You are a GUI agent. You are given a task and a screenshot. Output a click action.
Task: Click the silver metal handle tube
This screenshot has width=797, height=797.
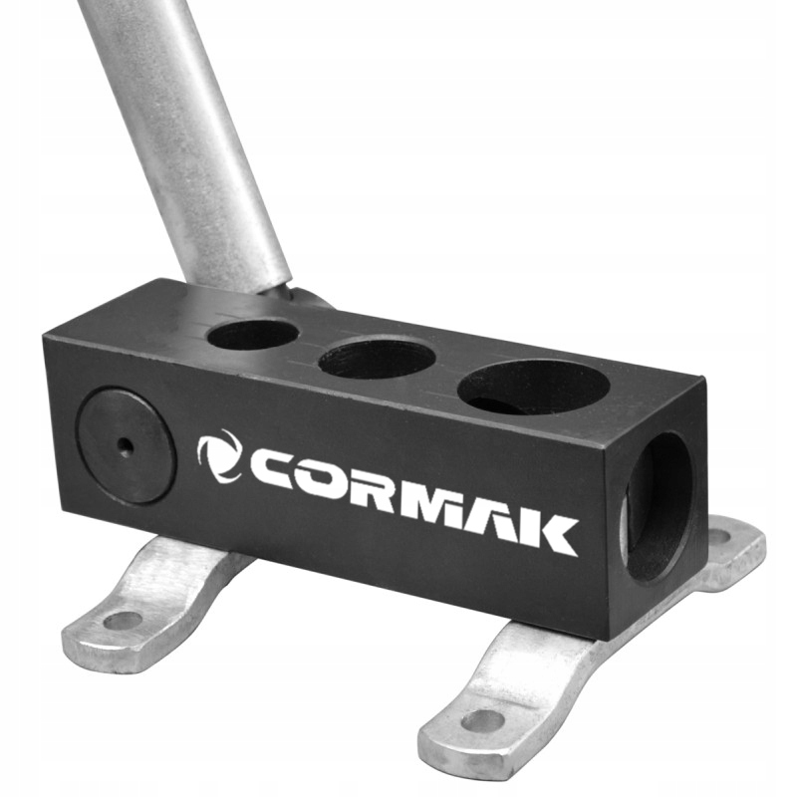[x=189, y=139]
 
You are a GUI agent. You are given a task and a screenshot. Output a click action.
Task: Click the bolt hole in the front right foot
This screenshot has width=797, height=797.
[x=482, y=719]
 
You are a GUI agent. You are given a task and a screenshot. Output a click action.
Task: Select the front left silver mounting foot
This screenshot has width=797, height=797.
[x=149, y=598]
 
